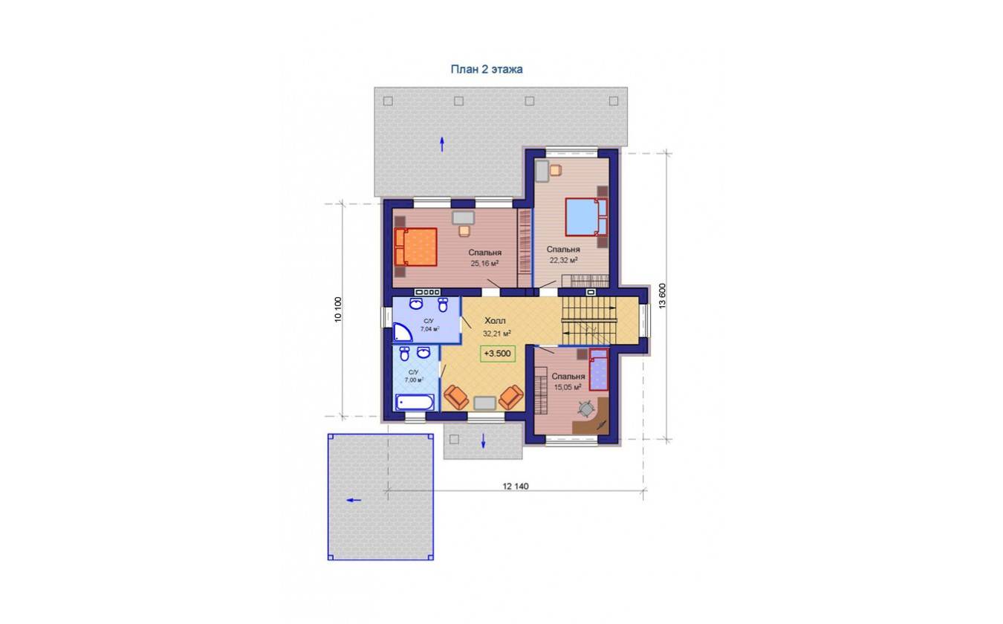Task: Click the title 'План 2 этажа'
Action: tap(487, 69)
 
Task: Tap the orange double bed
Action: tap(415, 247)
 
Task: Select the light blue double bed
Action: tap(586, 217)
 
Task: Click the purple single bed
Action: tap(599, 370)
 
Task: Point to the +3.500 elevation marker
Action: tap(498, 354)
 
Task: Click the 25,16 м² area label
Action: tap(484, 264)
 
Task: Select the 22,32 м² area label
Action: tap(563, 260)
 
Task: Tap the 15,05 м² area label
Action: tap(568, 387)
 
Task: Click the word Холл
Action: tap(495, 321)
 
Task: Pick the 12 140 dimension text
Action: tap(516, 486)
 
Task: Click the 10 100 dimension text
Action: tap(338, 309)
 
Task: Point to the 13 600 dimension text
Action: tap(662, 296)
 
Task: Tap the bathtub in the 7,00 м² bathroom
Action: tap(415, 403)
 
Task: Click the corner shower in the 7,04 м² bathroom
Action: tap(401, 333)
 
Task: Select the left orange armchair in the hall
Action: tap(456, 397)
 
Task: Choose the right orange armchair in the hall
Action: tap(511, 397)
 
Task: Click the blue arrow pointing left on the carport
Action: tap(354, 500)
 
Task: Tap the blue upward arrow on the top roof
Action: tap(442, 144)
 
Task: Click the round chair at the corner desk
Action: tap(585, 409)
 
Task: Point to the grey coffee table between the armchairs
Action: tap(484, 403)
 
